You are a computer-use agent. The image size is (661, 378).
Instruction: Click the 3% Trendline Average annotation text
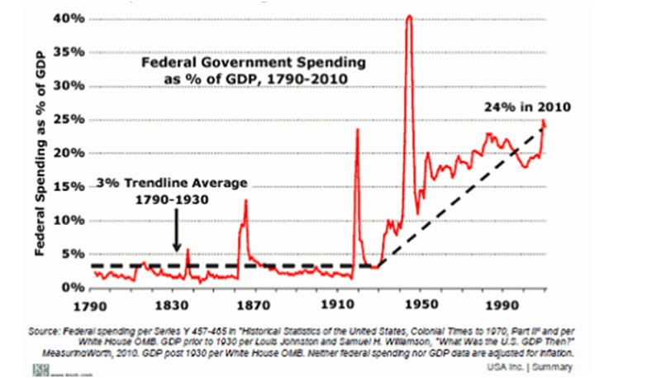172,184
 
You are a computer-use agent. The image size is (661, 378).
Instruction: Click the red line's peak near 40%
409,17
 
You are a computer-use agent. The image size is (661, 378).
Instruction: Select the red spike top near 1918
358,129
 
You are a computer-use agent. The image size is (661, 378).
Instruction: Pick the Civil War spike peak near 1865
245,201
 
